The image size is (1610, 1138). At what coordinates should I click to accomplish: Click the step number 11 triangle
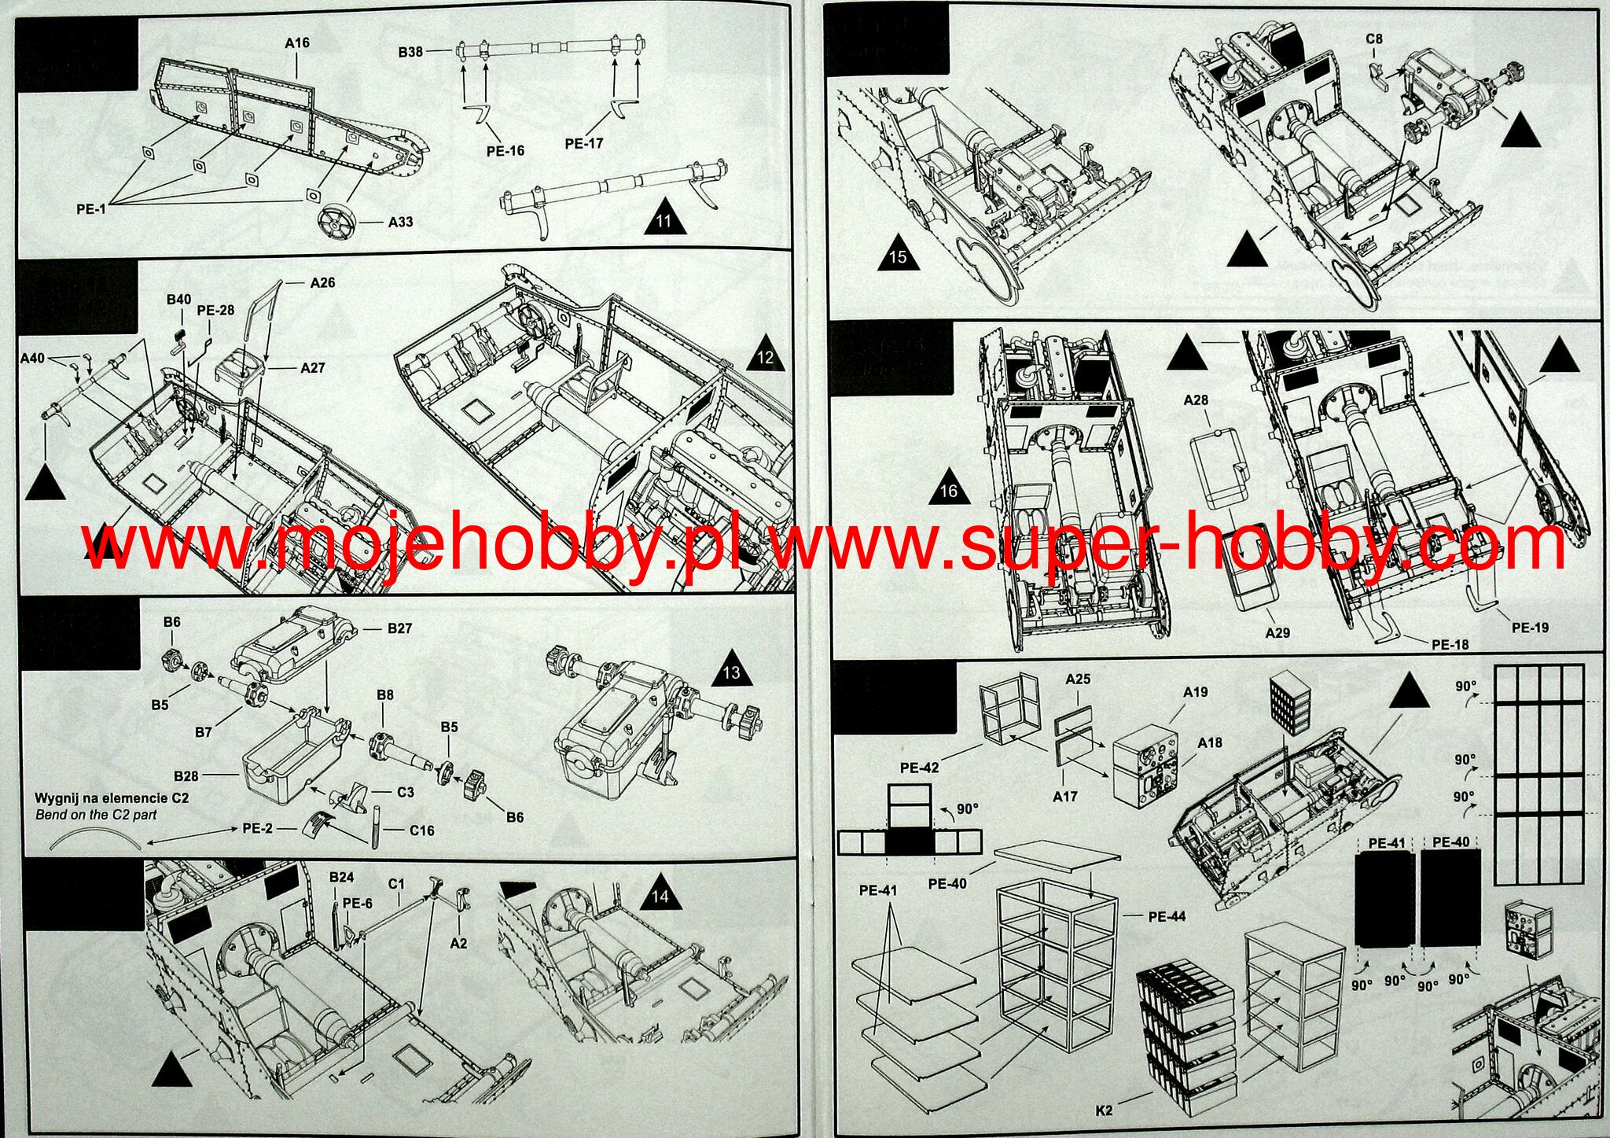(664, 216)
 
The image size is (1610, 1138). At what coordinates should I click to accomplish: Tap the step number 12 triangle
(765, 354)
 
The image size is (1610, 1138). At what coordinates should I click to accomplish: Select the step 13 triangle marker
(731, 668)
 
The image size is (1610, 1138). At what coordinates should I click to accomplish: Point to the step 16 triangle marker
(949, 487)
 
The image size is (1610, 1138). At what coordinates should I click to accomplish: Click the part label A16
(297, 43)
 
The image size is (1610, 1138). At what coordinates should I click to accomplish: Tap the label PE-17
(583, 143)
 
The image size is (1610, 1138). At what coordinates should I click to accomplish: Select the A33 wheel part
(338, 222)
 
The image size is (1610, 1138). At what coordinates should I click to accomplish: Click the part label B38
(410, 52)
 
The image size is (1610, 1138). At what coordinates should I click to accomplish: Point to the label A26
(322, 282)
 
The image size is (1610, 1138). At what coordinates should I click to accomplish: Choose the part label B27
(399, 628)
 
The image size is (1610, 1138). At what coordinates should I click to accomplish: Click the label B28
(186, 775)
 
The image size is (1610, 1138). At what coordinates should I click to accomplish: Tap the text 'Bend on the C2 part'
(96, 815)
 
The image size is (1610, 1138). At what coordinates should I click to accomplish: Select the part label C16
(421, 830)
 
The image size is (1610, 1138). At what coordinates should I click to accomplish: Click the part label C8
(1374, 39)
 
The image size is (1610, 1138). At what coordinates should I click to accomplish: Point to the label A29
(1277, 632)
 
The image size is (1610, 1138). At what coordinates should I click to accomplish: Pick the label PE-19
(1530, 628)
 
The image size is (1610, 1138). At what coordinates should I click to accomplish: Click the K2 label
(1105, 1110)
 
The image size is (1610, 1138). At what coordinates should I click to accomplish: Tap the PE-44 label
(1167, 916)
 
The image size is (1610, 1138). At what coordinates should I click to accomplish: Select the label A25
(1078, 679)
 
